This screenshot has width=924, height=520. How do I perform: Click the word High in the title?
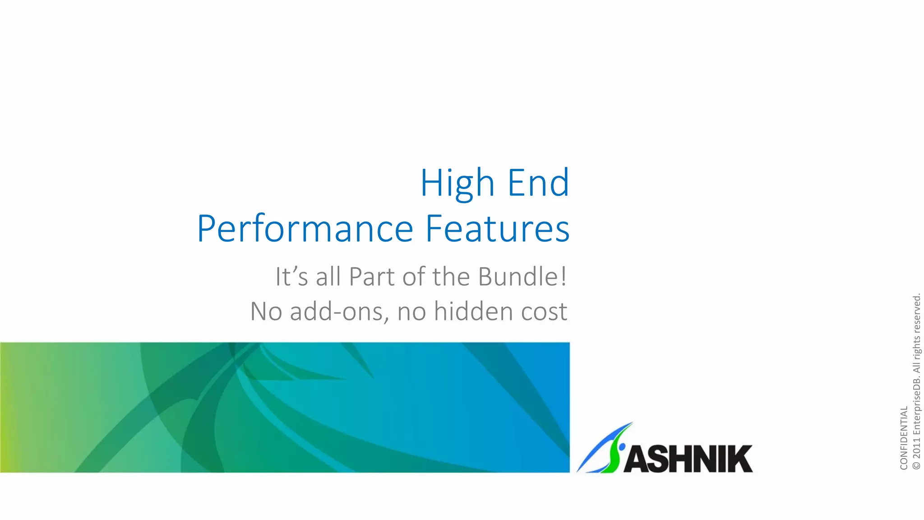[457, 183]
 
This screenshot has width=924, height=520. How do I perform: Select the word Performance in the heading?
[305, 229]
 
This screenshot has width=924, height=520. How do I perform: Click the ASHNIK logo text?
[688, 459]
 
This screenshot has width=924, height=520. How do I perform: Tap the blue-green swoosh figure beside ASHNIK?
[607, 449]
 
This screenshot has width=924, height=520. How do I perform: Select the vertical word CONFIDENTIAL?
[904, 438]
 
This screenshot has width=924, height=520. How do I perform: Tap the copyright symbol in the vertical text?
[916, 465]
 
